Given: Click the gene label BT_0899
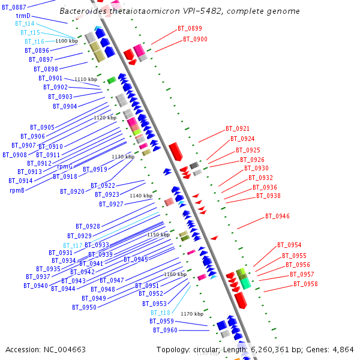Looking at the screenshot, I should (x=190, y=28).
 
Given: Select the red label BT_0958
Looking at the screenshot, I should (x=306, y=284).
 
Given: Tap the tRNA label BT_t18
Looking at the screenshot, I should (x=160, y=313).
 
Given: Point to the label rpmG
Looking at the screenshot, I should (x=65, y=166).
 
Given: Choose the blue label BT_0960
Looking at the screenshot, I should (x=165, y=330).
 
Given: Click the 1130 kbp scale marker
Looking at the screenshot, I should (x=122, y=157).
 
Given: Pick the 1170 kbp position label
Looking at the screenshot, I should (x=192, y=314).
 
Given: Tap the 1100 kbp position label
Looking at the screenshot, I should (x=67, y=41).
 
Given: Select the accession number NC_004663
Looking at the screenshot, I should (x=63, y=349).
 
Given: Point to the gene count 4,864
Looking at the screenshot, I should (x=343, y=349).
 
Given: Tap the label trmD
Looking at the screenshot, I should (x=23, y=16).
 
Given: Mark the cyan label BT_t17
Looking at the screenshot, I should (x=73, y=245).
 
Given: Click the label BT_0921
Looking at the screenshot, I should (x=238, y=128).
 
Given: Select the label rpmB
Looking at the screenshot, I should (x=17, y=190).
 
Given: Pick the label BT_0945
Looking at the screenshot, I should (x=136, y=259).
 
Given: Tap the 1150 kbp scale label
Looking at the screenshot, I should (x=158, y=235).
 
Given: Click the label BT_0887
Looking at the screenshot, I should (x=14, y=7).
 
